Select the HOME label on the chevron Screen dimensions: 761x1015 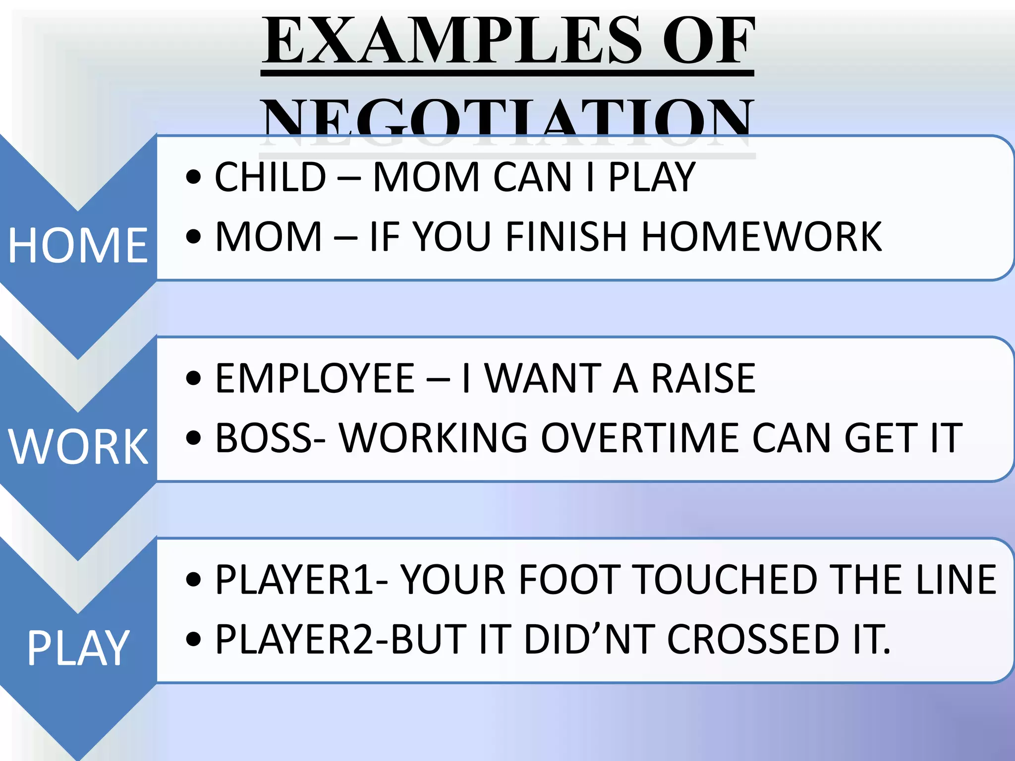coord(78,245)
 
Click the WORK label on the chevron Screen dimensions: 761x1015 coord(78,447)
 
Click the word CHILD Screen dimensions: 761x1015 coord(271,177)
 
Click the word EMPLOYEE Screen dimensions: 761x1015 coord(315,379)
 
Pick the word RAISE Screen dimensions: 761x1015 coord(703,379)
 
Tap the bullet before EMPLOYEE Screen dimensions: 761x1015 coord(193,380)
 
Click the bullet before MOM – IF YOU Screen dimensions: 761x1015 coord(193,237)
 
